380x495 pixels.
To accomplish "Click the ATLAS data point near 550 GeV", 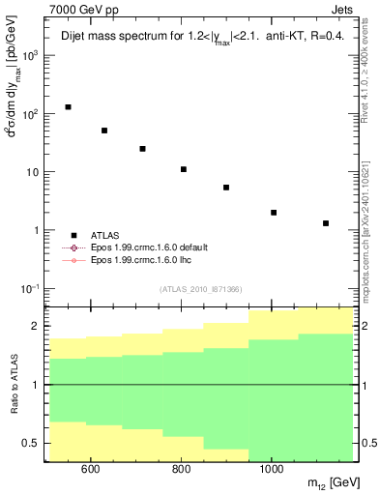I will click(x=68, y=107).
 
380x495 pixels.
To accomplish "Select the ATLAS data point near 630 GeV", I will click(x=104, y=131).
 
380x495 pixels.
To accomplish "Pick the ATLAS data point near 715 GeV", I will click(x=142, y=149).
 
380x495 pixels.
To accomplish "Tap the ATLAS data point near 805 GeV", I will click(x=183, y=169).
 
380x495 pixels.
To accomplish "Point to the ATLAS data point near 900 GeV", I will click(x=225, y=188).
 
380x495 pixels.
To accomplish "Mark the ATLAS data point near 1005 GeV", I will click(x=274, y=213).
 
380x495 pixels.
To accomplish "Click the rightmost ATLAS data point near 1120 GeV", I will click(x=326, y=223).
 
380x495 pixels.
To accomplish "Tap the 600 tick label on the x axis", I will click(x=91, y=470).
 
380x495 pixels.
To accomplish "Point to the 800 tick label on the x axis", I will click(x=182, y=470).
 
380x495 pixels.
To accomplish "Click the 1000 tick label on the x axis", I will click(x=272, y=470).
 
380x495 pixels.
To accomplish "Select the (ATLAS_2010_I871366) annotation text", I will click(x=200, y=289).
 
